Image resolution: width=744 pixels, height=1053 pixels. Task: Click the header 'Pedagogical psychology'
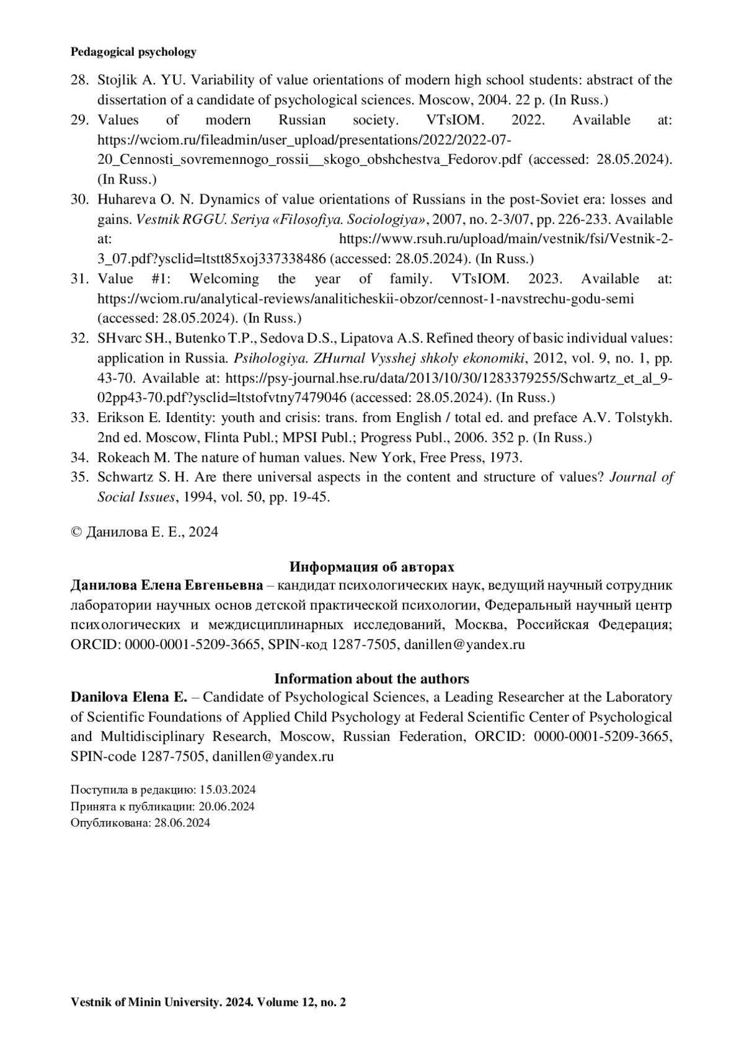coord(133,52)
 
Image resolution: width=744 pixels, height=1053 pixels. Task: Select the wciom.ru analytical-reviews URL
coord(366,298)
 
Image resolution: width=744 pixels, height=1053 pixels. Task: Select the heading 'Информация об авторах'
coord(371,567)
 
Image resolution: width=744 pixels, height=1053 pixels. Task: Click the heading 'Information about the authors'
coord(371,678)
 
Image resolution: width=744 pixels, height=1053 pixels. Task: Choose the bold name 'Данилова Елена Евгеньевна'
coord(167,585)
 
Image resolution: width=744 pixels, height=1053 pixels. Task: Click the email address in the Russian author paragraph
coord(464,645)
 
